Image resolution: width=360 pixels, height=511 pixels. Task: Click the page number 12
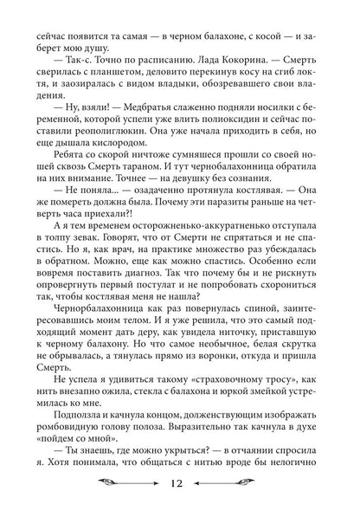[x=180, y=486]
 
